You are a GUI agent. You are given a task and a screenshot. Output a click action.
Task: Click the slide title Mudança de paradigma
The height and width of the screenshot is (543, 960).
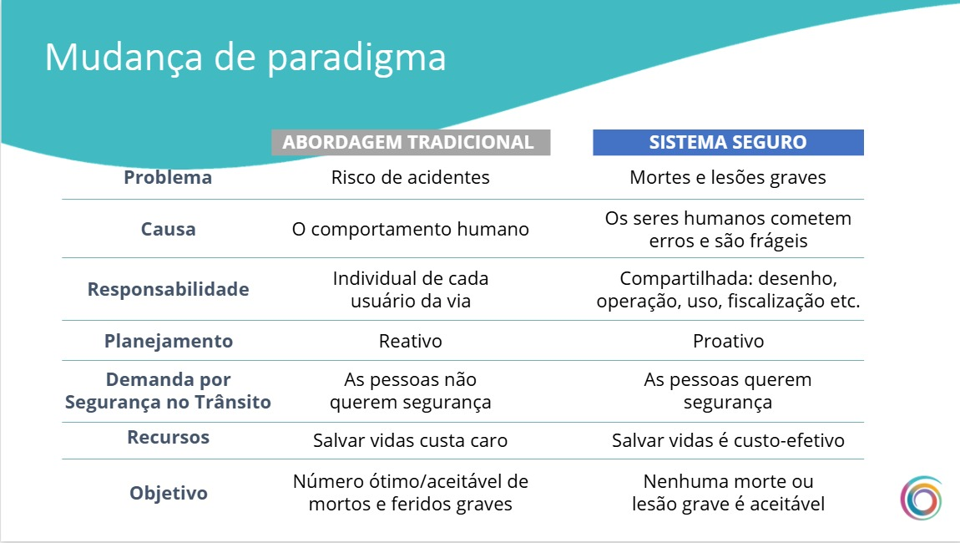tap(245, 58)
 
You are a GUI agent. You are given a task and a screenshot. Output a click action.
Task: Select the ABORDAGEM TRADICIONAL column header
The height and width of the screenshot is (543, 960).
tap(411, 142)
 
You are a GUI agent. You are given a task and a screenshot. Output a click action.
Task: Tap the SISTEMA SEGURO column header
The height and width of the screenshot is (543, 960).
tap(728, 142)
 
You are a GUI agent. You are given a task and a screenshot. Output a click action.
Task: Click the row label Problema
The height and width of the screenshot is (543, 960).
tap(168, 177)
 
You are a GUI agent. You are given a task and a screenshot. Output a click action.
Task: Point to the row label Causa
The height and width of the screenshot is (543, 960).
tap(169, 229)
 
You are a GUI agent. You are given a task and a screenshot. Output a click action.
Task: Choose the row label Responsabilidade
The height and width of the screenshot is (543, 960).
tap(169, 289)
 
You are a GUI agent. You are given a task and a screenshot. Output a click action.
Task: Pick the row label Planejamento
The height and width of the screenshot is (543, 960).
tap(169, 342)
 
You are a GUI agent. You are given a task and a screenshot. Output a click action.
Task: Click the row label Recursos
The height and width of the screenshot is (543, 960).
tap(169, 437)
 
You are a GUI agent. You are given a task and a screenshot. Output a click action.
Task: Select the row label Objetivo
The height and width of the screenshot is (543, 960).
tap(169, 494)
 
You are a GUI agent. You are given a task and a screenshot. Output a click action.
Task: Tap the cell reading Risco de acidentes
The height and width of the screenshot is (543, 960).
tap(410, 177)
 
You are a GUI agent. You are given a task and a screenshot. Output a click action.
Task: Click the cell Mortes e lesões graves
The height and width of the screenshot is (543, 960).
tap(728, 178)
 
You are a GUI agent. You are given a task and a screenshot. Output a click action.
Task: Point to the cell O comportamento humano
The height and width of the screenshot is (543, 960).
tap(410, 229)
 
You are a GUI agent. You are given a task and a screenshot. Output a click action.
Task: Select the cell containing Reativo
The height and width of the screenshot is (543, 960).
tap(410, 342)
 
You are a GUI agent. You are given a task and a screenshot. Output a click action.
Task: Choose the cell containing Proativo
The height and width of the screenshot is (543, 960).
tap(728, 342)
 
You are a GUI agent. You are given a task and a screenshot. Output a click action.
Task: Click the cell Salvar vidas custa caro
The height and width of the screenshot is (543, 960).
tap(410, 440)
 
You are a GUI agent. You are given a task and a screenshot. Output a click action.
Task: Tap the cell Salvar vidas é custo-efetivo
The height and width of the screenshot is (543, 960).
tap(728, 440)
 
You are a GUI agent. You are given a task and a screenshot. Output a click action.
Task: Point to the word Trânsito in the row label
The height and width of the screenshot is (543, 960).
tap(233, 402)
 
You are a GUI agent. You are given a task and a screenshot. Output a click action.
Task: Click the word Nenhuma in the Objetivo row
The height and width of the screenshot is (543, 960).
tap(685, 481)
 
